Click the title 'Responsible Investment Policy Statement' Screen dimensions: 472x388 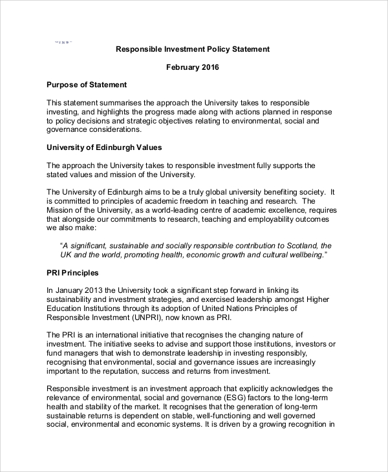coord(192,49)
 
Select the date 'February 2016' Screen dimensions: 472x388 coord(192,67)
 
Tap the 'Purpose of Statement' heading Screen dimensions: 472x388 coord(87,85)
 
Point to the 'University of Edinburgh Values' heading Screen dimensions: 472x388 coord(104,147)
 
